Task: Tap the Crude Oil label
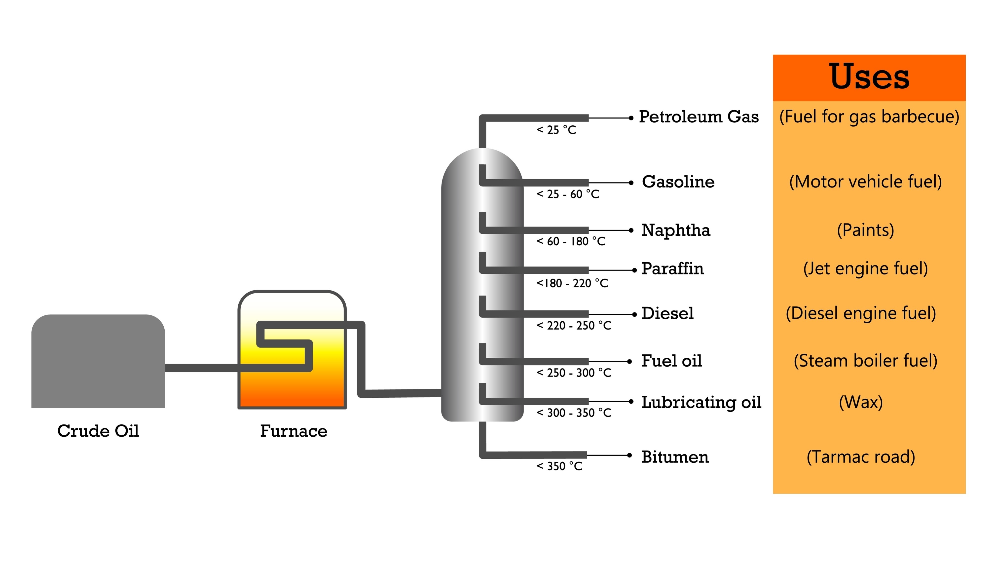(98, 431)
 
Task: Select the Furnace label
(294, 431)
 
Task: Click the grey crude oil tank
(98, 362)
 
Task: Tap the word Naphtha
(675, 230)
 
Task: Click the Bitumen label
(675, 457)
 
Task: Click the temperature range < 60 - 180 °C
(571, 241)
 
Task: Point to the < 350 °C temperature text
(559, 466)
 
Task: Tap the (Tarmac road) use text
(860, 457)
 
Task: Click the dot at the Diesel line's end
(634, 314)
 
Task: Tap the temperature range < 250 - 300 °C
(574, 373)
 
